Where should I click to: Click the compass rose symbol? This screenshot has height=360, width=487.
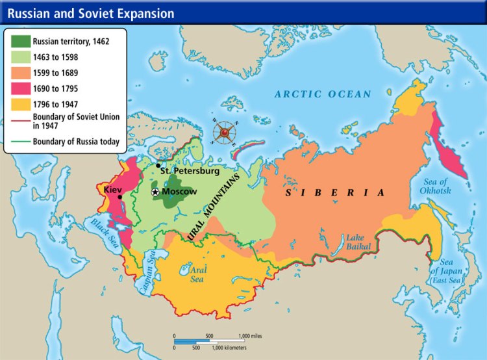pos(225,133)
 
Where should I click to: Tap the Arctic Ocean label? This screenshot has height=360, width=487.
pos(322,94)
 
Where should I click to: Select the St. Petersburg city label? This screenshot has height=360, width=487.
pos(190,172)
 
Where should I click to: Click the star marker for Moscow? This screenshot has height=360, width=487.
pos(155,192)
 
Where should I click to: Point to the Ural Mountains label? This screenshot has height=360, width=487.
pos(214,207)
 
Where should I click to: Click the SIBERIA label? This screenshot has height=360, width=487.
pos(336,193)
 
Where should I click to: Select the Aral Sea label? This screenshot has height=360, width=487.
pos(197,274)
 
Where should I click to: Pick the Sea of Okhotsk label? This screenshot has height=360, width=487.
pos(435,186)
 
